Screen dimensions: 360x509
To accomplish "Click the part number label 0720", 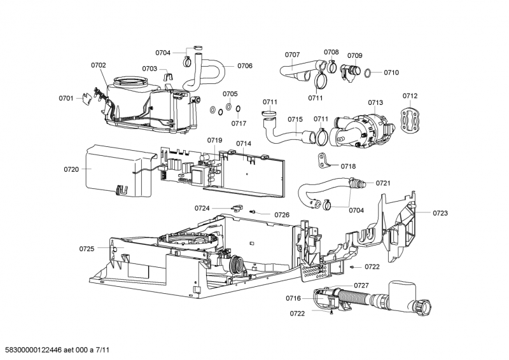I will [71, 169].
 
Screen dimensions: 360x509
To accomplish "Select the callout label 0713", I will [375, 102].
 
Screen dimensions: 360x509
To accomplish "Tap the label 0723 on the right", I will [440, 213].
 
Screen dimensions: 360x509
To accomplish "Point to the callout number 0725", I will [87, 248].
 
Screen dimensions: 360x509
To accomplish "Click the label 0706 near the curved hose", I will [245, 66].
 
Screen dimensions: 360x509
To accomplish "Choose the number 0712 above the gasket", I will [410, 96].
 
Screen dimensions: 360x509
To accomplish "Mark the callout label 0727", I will [361, 285].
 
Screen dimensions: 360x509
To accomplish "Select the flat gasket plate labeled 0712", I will [410, 120].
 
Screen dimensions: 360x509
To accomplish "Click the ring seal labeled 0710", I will [368, 73].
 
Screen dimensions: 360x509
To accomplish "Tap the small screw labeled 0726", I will [253, 212].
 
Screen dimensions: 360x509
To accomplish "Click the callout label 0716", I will [293, 298].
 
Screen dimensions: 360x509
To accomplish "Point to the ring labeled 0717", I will [237, 109].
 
